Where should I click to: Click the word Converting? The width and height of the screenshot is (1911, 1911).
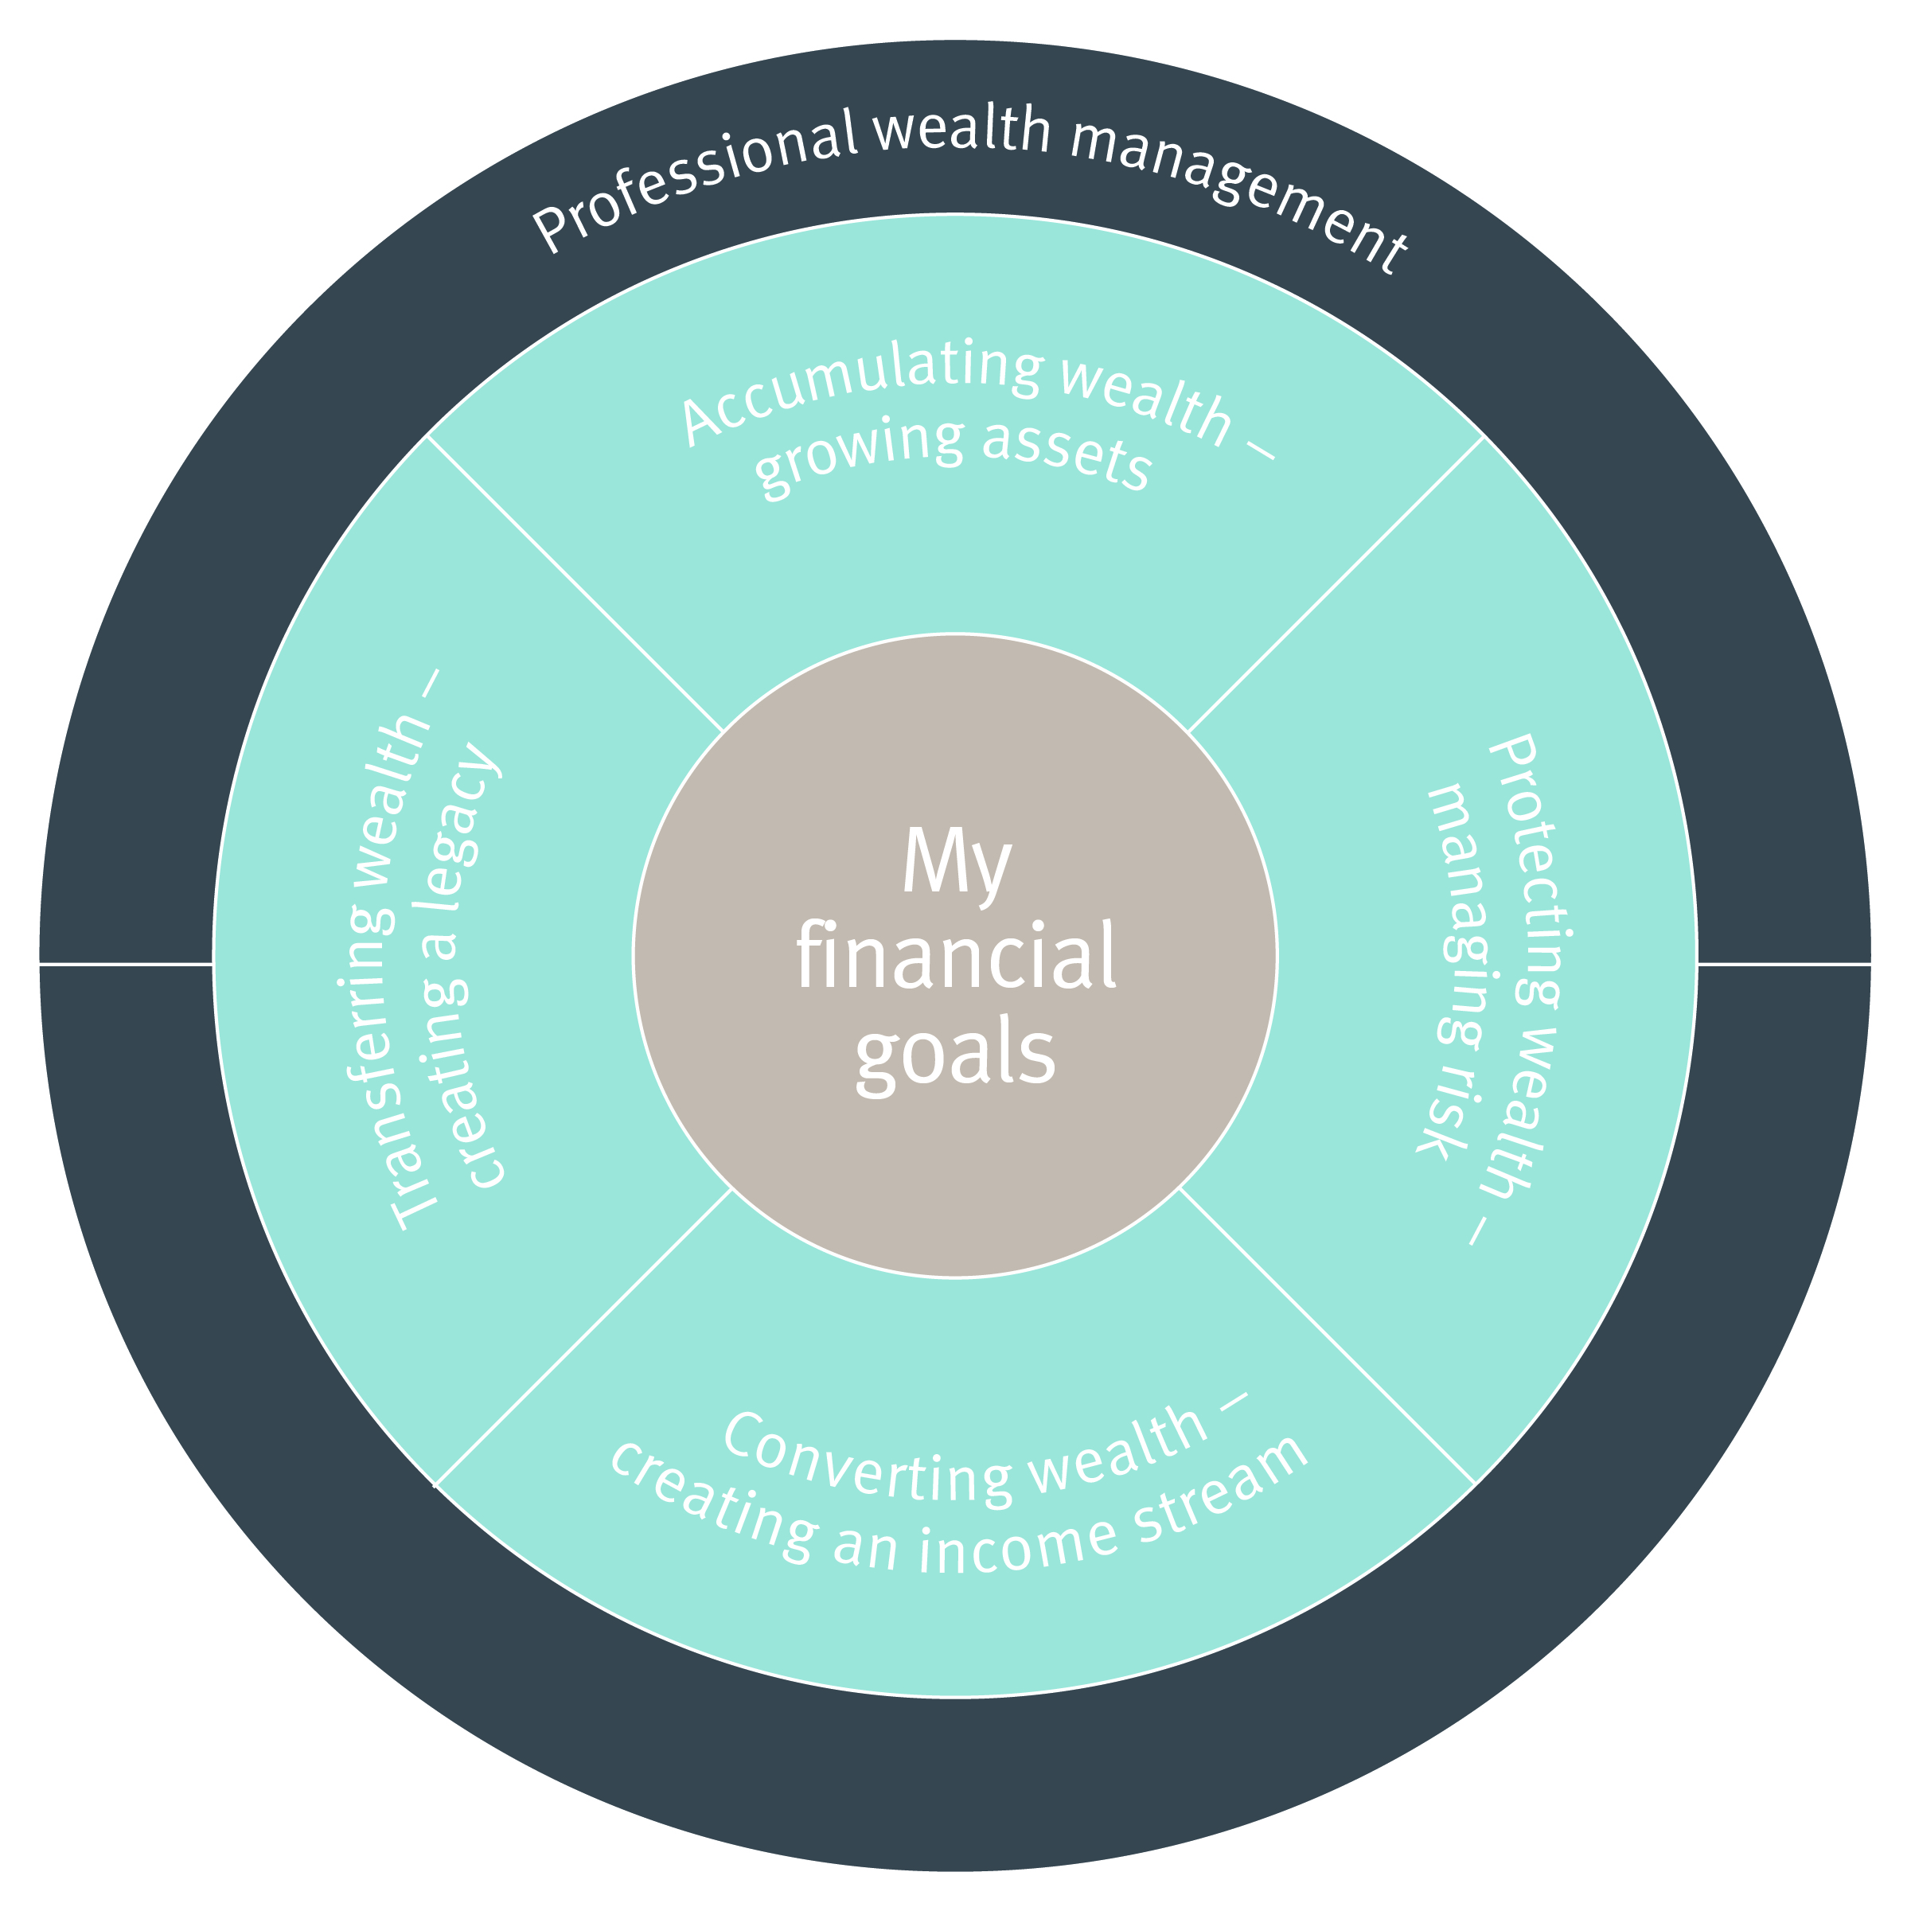[x=871, y=1464]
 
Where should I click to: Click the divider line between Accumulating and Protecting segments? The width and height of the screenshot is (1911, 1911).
[x=1336, y=584]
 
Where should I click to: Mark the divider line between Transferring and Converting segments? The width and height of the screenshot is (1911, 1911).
[x=583, y=1336]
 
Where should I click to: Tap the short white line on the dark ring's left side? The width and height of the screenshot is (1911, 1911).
[x=127, y=962]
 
